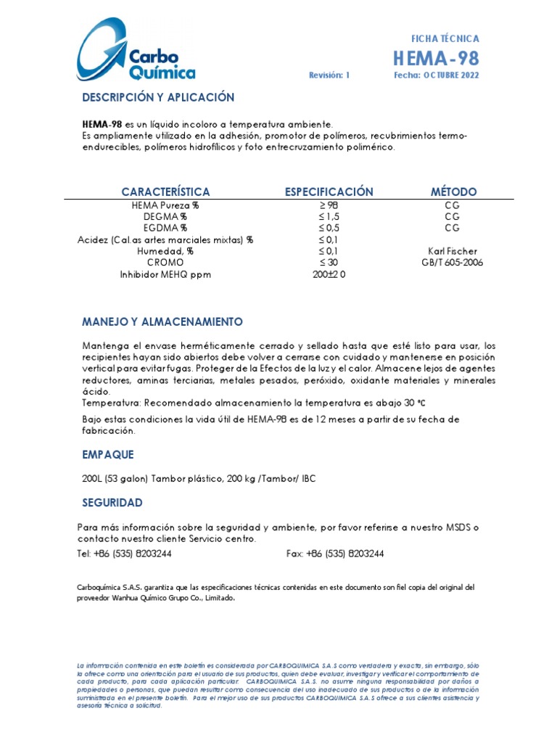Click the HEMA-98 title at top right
click(436, 58)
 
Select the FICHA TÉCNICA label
click(445, 38)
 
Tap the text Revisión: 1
click(329, 75)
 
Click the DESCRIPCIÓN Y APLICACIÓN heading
click(158, 97)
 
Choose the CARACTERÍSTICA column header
click(165, 192)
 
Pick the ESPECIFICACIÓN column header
click(329, 192)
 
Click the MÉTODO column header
click(453, 192)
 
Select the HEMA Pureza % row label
click(165, 205)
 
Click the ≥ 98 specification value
click(329, 205)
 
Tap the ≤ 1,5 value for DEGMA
click(329, 216)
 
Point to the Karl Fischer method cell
click(453, 251)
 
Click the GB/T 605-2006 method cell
click(453, 262)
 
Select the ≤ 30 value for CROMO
click(329, 262)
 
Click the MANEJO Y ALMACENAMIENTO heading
click(162, 321)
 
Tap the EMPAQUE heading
click(108, 454)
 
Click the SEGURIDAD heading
click(112, 502)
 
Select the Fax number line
click(335, 554)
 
